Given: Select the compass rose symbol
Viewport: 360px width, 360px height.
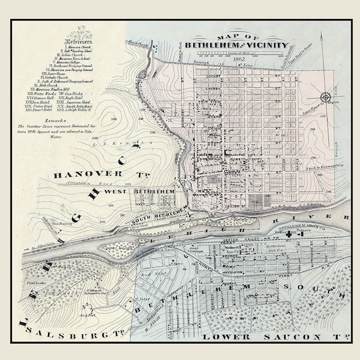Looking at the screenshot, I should click(x=326, y=97).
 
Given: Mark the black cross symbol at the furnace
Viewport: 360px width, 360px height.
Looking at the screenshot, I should click(x=290, y=234).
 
